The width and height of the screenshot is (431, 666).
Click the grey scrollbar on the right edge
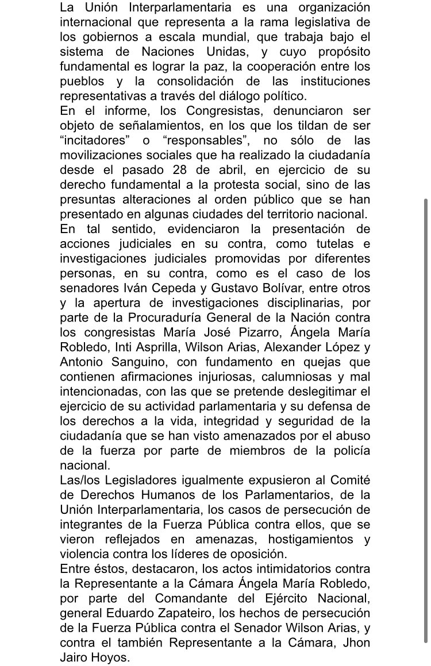point(425,419)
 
